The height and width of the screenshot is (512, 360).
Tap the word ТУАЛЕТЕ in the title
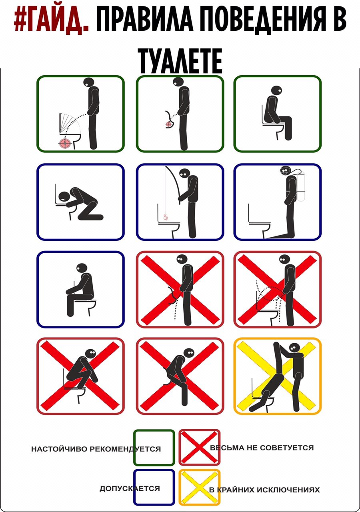click(x=180, y=61)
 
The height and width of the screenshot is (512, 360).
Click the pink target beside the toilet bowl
click(x=65, y=144)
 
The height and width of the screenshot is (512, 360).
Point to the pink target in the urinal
click(x=168, y=124)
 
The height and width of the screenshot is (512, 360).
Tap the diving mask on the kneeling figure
click(x=284, y=170)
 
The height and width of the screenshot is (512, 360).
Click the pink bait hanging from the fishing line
click(x=165, y=217)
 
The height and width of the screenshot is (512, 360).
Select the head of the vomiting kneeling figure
click(x=65, y=198)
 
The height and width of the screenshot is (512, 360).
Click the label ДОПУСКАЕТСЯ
click(x=130, y=489)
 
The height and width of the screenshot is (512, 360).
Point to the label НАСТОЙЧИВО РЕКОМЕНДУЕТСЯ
click(x=96, y=449)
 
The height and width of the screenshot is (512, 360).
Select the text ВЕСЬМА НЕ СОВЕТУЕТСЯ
click(x=262, y=448)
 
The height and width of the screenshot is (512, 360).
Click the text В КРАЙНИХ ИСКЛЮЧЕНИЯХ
click(x=264, y=490)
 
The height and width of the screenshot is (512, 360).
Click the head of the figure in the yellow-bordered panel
click(x=294, y=348)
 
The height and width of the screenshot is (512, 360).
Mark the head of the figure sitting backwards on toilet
click(x=82, y=269)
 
